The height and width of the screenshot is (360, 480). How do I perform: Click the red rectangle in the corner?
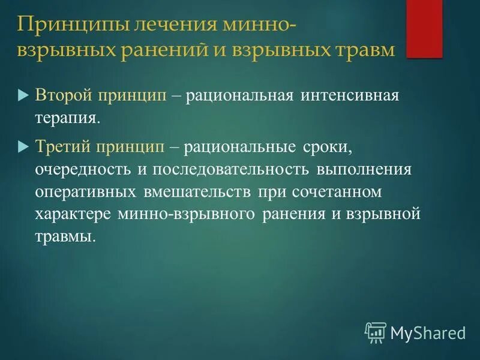(x=424, y=29)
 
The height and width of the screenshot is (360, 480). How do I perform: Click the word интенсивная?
(x=354, y=95)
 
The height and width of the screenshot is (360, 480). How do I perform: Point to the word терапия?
(x=68, y=117)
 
